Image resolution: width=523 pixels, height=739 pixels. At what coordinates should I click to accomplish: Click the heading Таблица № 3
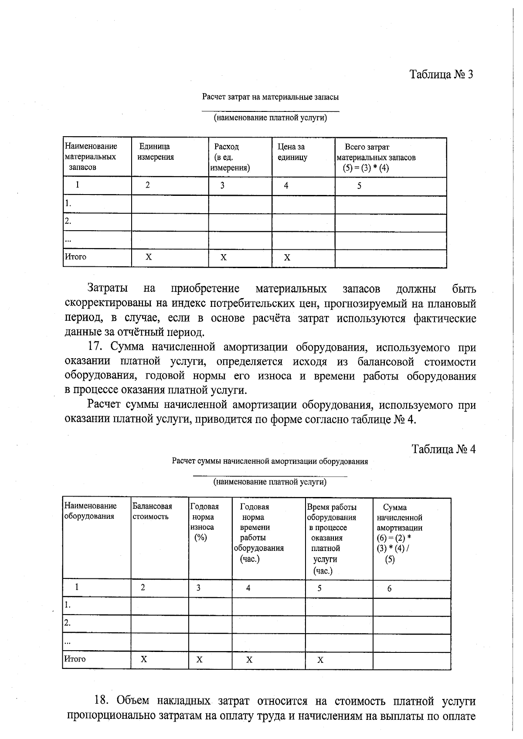441,74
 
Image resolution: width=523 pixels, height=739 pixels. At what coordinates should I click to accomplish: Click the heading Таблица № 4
443,449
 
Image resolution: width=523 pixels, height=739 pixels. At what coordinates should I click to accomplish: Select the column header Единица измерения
156,152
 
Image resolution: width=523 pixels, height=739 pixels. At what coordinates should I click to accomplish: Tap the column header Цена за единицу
292,152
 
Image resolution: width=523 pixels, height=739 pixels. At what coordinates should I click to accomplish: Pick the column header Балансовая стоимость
152,511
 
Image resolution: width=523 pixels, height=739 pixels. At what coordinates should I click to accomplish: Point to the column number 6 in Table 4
389,588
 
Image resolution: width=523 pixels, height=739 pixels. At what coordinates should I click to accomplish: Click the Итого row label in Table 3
76,257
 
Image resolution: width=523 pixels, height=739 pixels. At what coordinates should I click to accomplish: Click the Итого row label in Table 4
75,659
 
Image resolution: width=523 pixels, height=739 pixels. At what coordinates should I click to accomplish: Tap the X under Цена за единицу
287,258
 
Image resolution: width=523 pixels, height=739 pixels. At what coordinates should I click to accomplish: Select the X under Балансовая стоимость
144,659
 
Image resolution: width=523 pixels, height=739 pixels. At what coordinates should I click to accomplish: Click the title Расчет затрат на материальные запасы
270,97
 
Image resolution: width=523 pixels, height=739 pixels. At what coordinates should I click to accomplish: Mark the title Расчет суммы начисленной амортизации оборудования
270,461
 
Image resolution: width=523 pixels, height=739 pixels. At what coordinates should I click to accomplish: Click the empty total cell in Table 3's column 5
390,258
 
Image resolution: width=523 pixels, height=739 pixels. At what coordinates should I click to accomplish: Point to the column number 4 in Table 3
286,186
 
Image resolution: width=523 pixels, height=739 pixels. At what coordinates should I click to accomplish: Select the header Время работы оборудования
331,512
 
